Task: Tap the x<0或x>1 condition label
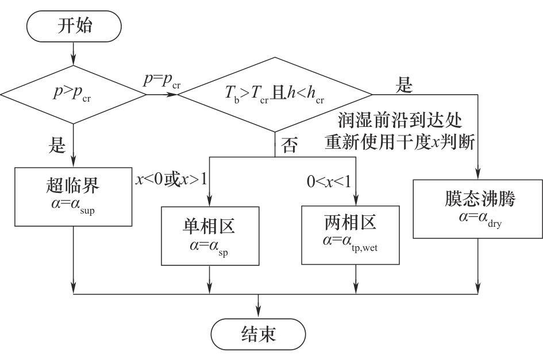tap(171, 178)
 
